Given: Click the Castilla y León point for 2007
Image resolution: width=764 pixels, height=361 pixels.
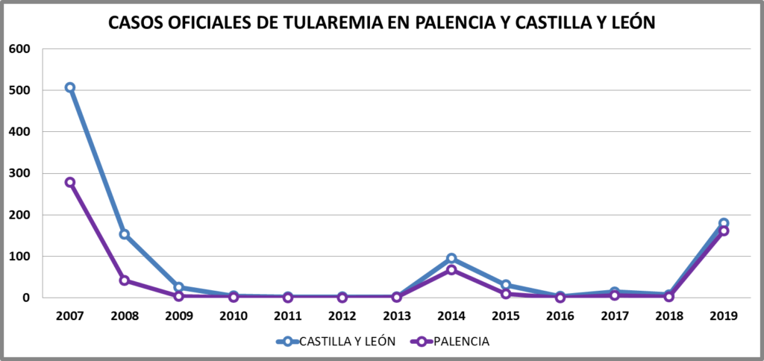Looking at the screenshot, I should [70, 87].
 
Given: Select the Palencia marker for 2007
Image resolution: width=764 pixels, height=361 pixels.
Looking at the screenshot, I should [70, 182].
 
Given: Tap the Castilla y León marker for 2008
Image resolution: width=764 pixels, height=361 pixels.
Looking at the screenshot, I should [125, 234].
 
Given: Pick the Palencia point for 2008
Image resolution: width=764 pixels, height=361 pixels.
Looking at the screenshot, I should [125, 280].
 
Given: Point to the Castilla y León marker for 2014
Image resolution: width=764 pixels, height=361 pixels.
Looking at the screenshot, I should [451, 258].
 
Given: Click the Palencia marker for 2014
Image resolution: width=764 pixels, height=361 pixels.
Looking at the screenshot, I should [451, 270].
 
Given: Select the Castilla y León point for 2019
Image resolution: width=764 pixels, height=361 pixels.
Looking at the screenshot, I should [724, 223].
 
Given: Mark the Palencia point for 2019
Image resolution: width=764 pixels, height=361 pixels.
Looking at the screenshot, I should [724, 231].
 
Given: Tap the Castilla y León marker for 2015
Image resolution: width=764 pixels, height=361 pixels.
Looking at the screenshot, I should [506, 285].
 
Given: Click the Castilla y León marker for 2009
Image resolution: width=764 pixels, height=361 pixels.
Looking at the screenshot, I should [179, 287].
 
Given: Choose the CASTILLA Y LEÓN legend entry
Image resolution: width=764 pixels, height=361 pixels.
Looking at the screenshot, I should [336, 342].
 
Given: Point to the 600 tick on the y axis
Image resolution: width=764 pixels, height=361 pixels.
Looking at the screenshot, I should [19, 48].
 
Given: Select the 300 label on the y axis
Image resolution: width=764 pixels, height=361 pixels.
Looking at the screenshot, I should [19, 173].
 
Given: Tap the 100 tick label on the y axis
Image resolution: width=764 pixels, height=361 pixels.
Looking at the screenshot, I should [19, 256].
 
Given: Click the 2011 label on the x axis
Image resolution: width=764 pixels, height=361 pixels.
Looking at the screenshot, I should [288, 316].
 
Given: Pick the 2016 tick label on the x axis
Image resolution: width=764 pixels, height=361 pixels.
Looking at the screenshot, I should [560, 316].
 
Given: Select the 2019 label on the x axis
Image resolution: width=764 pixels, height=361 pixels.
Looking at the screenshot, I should [724, 316].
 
